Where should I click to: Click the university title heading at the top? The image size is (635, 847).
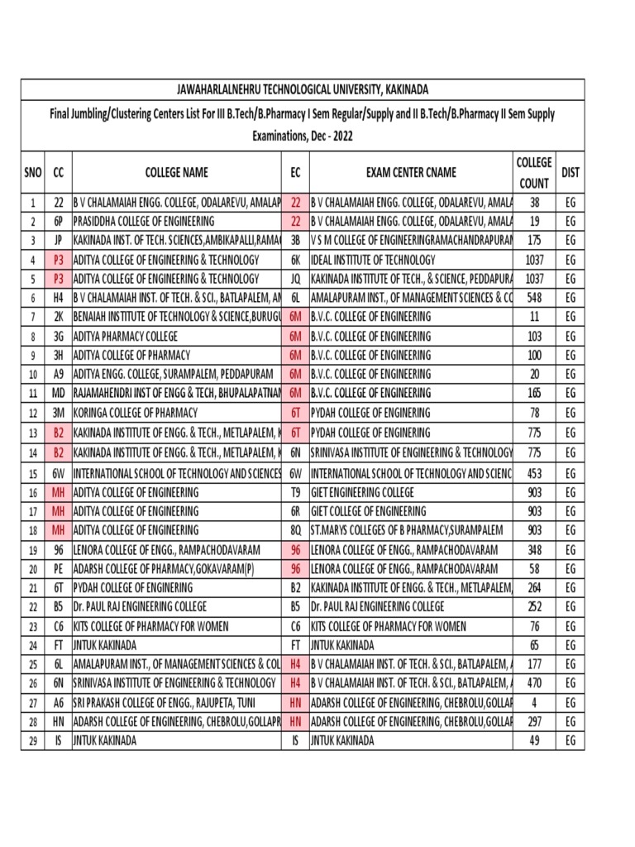click(x=303, y=89)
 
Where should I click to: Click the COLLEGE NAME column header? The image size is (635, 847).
click(x=176, y=173)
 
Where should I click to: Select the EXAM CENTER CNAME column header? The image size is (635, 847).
click(x=411, y=173)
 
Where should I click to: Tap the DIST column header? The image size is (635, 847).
click(x=570, y=173)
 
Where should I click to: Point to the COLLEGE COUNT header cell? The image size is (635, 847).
click(x=534, y=172)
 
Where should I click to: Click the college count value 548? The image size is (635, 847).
click(x=534, y=298)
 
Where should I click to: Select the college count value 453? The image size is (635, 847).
click(x=534, y=473)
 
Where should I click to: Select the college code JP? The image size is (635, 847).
click(x=59, y=241)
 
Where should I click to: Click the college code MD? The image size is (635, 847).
click(x=59, y=394)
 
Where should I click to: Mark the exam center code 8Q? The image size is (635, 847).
click(x=295, y=530)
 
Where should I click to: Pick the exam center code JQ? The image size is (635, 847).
click(x=295, y=279)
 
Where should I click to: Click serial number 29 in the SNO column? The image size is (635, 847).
click(x=32, y=741)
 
